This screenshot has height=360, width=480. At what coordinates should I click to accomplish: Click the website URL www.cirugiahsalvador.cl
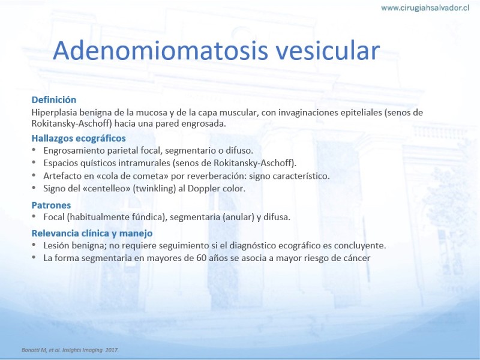(425, 8)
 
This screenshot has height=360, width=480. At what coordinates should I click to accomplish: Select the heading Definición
(54, 100)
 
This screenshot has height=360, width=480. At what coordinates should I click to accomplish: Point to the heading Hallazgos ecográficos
(79, 139)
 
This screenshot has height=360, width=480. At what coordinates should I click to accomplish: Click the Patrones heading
(51, 205)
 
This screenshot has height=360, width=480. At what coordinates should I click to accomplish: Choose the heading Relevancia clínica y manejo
(92, 233)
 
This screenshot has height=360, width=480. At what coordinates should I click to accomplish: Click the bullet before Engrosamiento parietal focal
(34, 150)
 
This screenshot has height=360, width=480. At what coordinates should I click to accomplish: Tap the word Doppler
(203, 188)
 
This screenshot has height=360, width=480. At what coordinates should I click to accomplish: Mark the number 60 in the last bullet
(201, 258)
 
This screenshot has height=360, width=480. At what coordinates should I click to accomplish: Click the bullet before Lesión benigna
(34, 245)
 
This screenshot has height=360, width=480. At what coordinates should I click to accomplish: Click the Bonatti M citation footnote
(70, 350)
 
